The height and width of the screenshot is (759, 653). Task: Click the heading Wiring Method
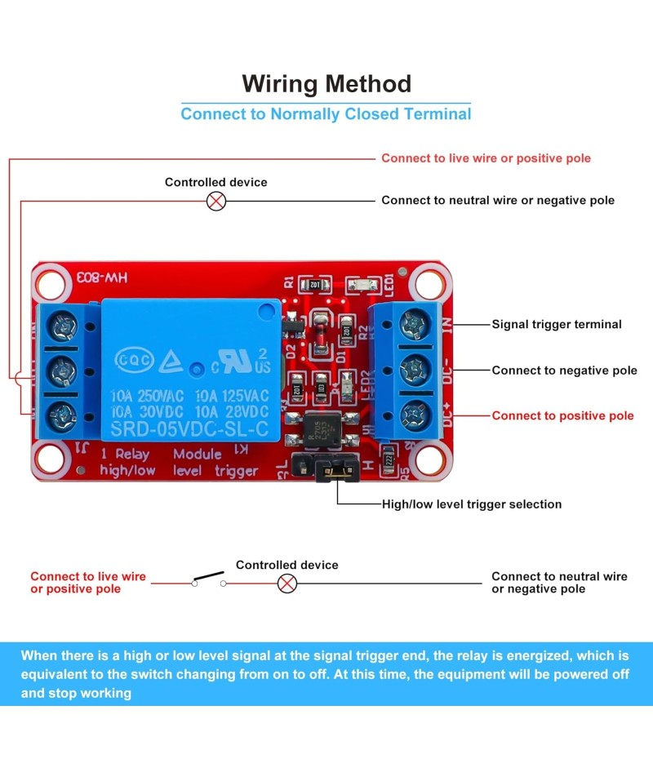(326, 83)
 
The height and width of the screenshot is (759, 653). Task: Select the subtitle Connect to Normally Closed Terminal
(326, 113)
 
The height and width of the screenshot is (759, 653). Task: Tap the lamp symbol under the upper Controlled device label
(216, 201)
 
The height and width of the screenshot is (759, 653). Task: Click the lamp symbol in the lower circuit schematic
(287, 583)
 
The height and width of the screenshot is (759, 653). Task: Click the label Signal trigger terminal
(556, 324)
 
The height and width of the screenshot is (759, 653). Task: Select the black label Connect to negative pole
(564, 370)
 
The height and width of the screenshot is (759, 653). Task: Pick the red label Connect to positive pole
(562, 415)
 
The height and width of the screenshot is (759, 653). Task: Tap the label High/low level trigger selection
(472, 504)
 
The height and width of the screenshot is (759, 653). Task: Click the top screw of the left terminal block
(62, 328)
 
